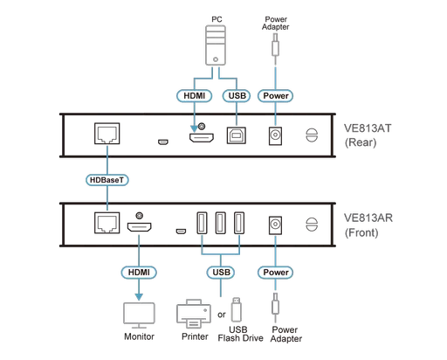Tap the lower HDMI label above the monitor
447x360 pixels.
[136, 272]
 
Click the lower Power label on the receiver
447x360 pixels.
[275, 272]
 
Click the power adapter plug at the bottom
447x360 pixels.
[275, 311]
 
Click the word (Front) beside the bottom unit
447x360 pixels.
[358, 234]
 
